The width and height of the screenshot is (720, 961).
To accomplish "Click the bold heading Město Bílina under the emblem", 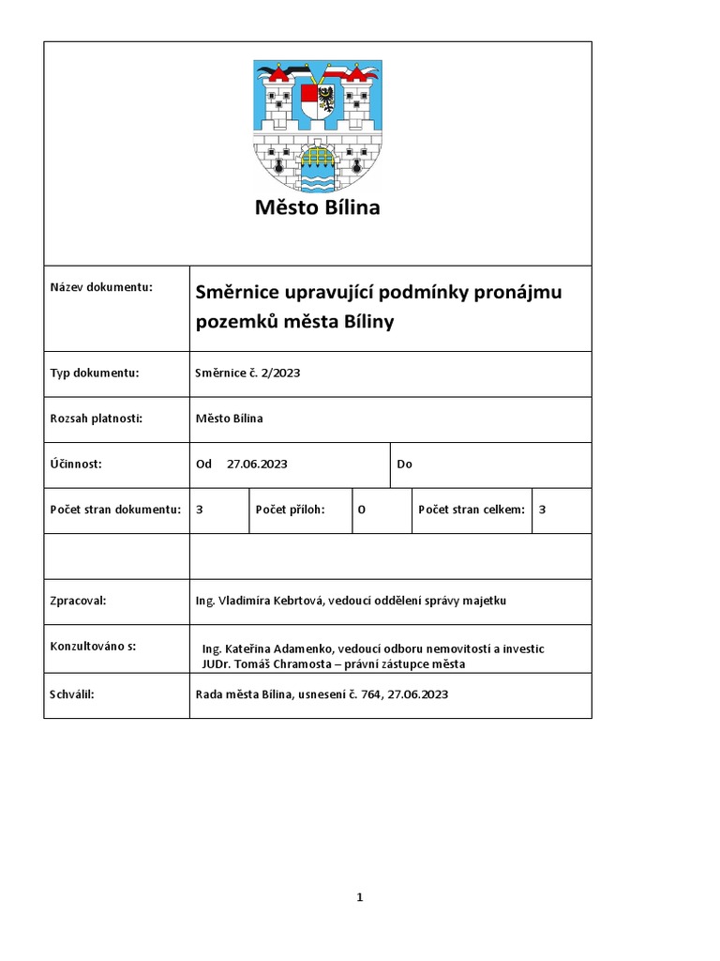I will pyautogui.click(x=317, y=207).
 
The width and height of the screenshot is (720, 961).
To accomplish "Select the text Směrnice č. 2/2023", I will pyautogui.click(x=247, y=373).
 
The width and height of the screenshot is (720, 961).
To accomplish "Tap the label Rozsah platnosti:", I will pyautogui.click(x=96, y=418).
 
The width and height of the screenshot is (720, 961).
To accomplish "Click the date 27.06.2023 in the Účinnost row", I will pyautogui.click(x=257, y=464).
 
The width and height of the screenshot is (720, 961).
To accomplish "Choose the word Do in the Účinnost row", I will pyautogui.click(x=405, y=464).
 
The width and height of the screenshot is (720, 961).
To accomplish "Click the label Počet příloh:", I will pyautogui.click(x=290, y=509).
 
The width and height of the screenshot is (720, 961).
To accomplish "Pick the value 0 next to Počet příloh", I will pyautogui.click(x=361, y=509).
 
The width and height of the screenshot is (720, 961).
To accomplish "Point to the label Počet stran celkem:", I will pyautogui.click(x=472, y=509).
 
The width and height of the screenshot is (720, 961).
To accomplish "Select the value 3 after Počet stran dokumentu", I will pyautogui.click(x=200, y=509).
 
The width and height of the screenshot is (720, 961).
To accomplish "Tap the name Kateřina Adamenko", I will pyautogui.click(x=277, y=648).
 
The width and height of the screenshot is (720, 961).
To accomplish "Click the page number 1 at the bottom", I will pyautogui.click(x=360, y=897).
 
